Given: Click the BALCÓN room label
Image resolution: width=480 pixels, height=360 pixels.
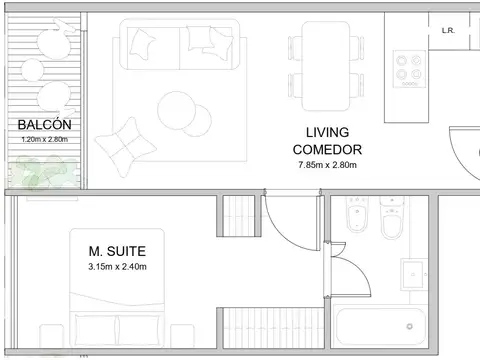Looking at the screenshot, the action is pos(44,125).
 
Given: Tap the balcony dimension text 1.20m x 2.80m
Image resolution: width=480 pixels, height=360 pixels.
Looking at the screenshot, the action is pos(45,139).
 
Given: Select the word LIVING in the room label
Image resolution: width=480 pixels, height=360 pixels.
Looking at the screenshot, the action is pos(327,133).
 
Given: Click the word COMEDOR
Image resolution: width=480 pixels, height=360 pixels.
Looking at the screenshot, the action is pos(327,150).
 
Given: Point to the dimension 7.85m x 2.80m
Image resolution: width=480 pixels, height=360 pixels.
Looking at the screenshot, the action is pos(327,165).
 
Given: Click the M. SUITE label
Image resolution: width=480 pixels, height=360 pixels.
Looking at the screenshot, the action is pos(117,251).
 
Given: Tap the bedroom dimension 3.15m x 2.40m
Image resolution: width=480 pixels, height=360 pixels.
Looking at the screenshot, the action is pos(117,267).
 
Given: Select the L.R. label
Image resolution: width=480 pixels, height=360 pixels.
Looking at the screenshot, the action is pos(448,31).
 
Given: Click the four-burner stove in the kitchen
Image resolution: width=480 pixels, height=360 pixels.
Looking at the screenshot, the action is pos(409,69).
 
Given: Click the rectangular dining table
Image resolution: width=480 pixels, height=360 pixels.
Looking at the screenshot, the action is pos(326,66).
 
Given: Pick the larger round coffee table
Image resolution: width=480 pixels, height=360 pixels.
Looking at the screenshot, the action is pos(176,110).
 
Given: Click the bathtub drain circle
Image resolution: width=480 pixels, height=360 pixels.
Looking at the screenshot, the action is pos(409,326).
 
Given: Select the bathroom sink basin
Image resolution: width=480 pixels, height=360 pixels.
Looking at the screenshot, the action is pos(413,274).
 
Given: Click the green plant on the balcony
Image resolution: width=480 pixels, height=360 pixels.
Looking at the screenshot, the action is pos(43,172).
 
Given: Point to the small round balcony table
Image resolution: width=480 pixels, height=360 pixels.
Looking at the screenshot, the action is pos(32,70).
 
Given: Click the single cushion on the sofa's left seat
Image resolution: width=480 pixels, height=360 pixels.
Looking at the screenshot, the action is pos(142,44).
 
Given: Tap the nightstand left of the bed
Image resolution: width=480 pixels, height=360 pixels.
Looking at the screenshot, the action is pos(52,336).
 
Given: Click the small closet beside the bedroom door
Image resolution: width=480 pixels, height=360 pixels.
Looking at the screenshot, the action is pos(239,216).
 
